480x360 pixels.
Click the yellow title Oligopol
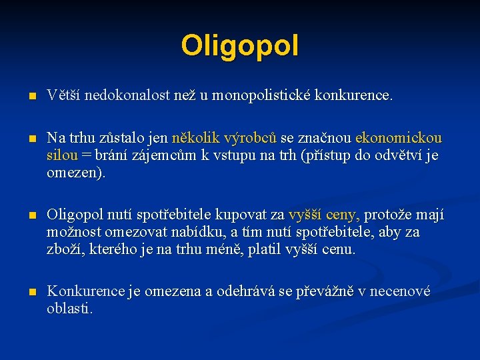click(240, 46)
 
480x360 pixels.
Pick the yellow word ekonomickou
click(399, 139)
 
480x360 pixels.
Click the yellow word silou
click(62, 156)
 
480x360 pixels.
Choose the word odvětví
click(403, 156)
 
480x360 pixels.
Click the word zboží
click(63, 250)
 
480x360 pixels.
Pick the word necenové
click(399, 292)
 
